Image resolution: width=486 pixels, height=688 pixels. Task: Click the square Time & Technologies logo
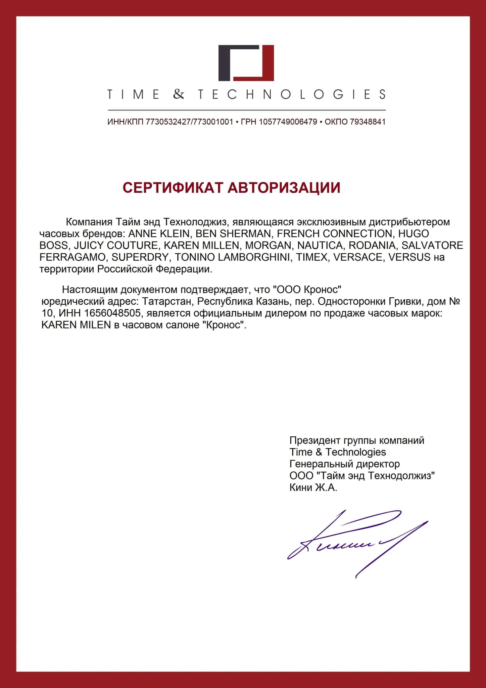pos(246,63)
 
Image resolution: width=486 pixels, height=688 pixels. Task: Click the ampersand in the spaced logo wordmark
pos(179,94)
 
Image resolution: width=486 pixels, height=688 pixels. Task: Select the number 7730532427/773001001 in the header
pos(189,122)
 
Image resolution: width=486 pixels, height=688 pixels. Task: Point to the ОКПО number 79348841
pos(368,122)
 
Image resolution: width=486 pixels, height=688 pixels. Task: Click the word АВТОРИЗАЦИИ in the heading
pos(284,187)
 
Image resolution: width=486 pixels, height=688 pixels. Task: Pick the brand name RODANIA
pos(372,245)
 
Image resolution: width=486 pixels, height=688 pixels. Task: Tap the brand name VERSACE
pos(358,257)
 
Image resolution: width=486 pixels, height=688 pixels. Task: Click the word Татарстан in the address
pos(167,301)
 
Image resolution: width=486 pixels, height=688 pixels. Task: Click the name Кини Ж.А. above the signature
pos(313,487)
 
